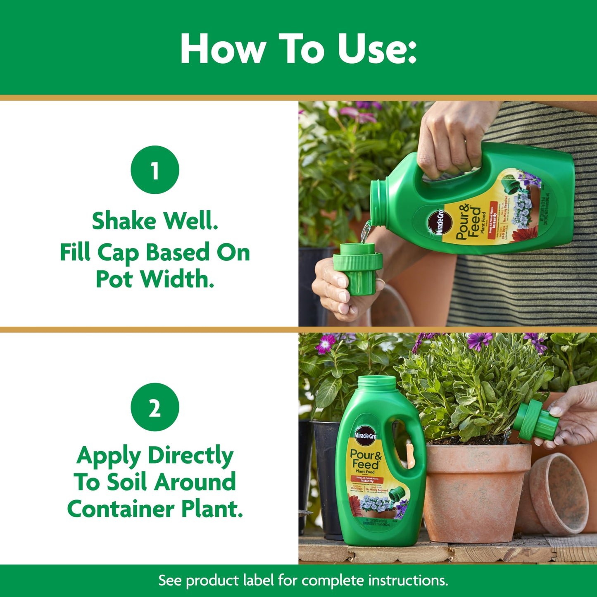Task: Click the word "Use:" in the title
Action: [x=377, y=49]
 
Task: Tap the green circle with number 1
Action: [x=155, y=170]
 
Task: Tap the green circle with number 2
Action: [x=155, y=407]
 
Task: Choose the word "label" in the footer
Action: [x=257, y=580]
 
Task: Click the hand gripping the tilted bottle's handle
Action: [x=450, y=140]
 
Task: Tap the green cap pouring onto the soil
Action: [x=535, y=419]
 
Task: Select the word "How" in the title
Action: [x=222, y=49]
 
